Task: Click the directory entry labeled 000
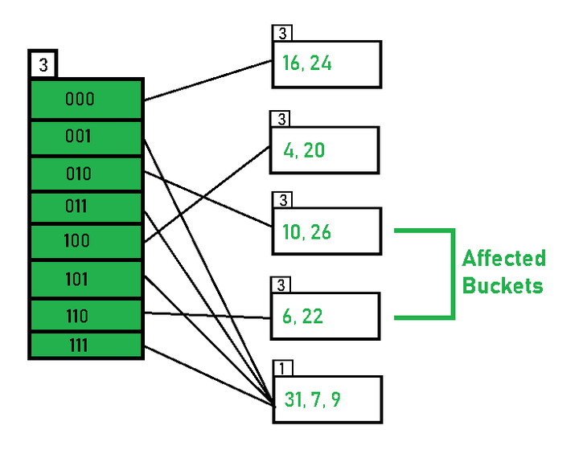coord(86,99)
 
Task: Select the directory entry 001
coord(86,137)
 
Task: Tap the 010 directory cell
coord(86,174)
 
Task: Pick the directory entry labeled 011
coord(86,207)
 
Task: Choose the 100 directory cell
coord(86,242)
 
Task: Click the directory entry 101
coord(86,279)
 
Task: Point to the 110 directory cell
coord(86,315)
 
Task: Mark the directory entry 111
coord(86,346)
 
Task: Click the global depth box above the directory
coord(43,64)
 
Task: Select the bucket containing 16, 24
coord(326,64)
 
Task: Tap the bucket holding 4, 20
coord(325,150)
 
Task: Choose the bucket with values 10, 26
coord(326,231)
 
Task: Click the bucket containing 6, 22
coord(326,316)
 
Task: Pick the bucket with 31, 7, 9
coord(328,399)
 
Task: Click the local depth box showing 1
coord(283,368)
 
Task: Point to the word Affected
coord(504,258)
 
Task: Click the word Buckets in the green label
coord(503,285)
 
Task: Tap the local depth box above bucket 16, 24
coord(282,33)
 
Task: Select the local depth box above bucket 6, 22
coord(281,285)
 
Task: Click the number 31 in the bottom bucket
coord(294,399)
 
